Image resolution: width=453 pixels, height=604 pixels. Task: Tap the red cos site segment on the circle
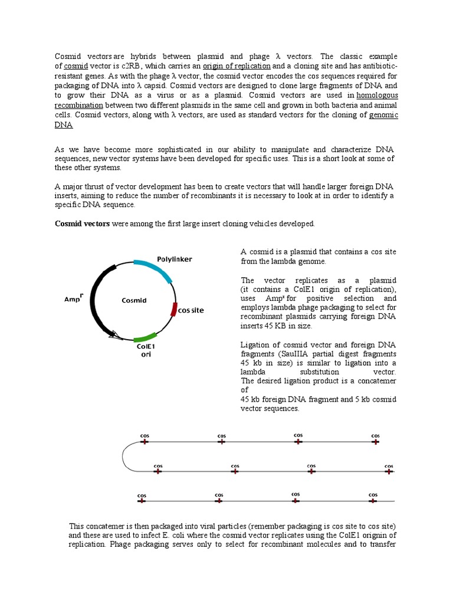(174, 309)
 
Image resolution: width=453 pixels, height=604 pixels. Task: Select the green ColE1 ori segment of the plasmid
(145, 338)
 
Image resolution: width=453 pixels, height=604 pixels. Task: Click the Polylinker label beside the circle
(174, 259)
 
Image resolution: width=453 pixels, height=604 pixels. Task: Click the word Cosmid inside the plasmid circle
(134, 300)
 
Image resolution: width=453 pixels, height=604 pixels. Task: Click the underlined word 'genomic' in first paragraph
(383, 115)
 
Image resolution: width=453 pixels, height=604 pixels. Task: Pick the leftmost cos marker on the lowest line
(142, 500)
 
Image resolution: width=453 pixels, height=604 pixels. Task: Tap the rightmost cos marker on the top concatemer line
(375, 441)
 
